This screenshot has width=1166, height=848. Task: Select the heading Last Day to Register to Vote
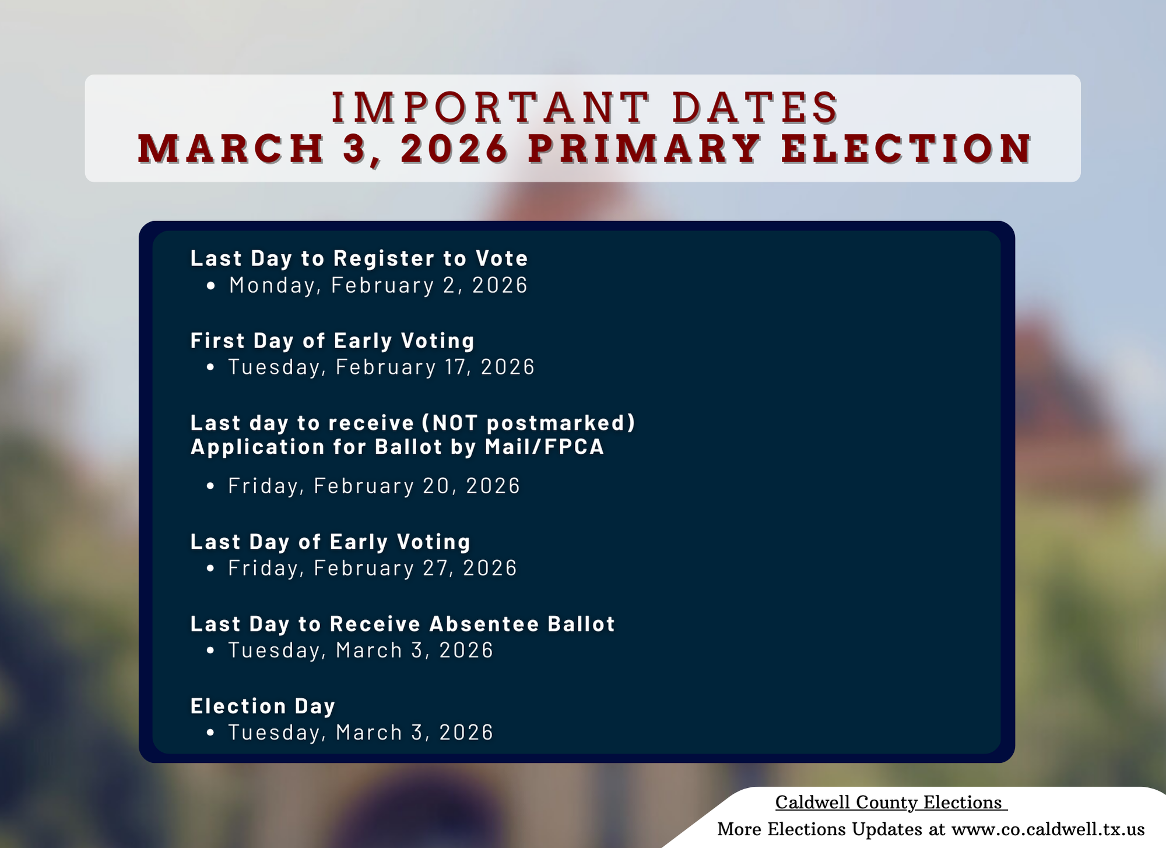tap(359, 258)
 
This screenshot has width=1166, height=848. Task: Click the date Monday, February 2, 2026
tap(378, 285)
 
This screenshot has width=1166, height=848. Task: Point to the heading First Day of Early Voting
tap(333, 341)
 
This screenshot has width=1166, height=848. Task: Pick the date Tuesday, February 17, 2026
tap(381, 367)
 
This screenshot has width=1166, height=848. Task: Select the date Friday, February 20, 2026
tap(374, 486)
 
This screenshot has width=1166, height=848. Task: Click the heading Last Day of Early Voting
tap(331, 542)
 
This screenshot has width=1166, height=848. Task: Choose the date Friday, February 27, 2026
tap(373, 568)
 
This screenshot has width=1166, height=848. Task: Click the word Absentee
tap(484, 624)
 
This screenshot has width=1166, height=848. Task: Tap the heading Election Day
tap(263, 706)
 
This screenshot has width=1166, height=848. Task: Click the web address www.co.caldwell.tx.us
tap(1048, 829)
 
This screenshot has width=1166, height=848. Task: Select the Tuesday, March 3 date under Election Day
tap(361, 733)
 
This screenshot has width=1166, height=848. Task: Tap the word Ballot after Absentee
tap(581, 624)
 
